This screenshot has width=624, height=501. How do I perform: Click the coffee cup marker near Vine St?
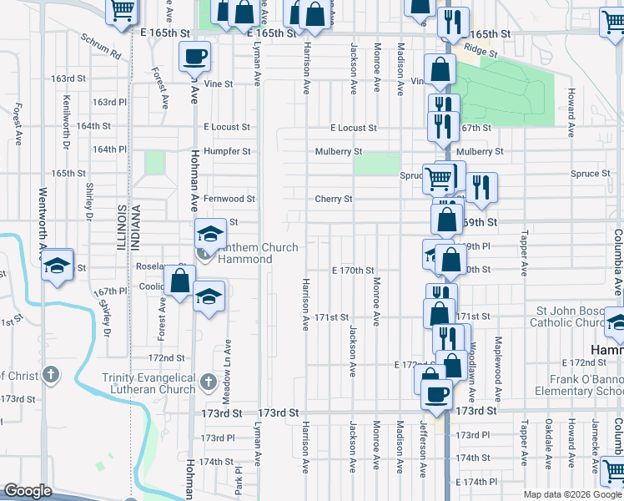click(194, 57)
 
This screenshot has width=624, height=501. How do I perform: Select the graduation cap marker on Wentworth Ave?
click(57, 265)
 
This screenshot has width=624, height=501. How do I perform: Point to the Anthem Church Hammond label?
click(245, 253)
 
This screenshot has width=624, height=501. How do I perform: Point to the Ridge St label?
click(481, 52)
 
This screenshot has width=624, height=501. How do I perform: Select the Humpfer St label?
click(227, 151)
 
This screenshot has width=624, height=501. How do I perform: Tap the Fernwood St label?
click(229, 199)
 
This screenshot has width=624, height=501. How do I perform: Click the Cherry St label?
click(334, 199)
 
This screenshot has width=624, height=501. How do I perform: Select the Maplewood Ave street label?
click(498, 361)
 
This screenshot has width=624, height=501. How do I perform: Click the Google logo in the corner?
click(28, 491)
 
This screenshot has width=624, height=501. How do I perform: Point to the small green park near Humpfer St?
click(154, 162)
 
